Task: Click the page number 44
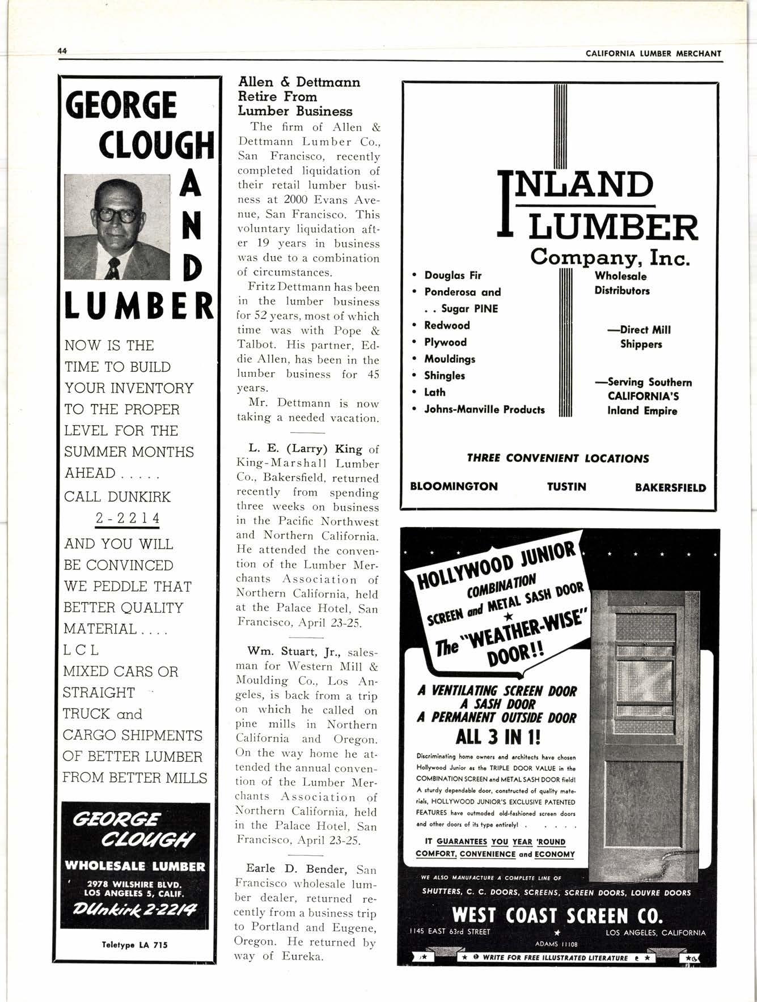point(62,51)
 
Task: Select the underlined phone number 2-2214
point(128,519)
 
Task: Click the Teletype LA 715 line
point(134,945)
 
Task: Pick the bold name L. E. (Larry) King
point(305,449)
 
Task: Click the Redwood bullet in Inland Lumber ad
point(447,325)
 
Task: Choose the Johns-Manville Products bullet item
point(484,409)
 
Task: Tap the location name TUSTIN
point(566,487)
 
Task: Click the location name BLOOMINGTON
point(454,487)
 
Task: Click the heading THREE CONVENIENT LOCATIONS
point(557,458)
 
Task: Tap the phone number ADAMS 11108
point(556,944)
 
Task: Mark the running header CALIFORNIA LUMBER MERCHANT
point(653,53)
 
